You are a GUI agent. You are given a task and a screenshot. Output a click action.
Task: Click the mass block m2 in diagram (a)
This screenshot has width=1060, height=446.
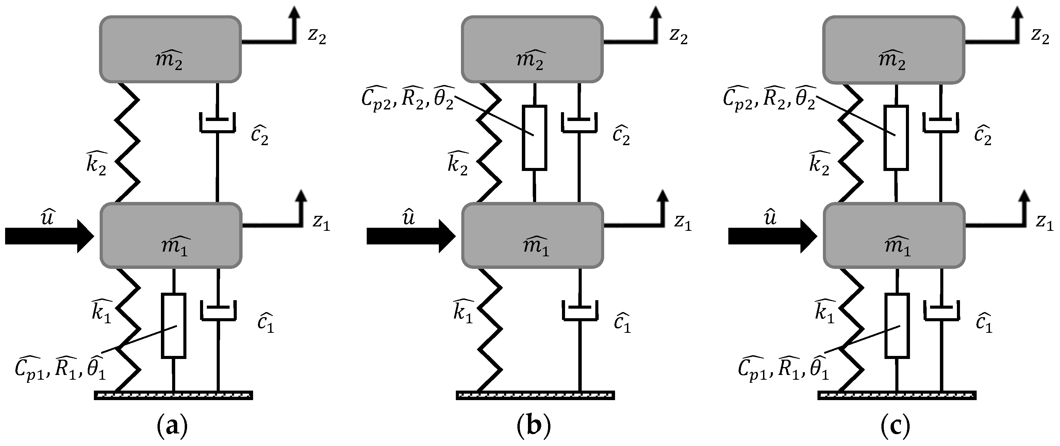pyautogui.click(x=170, y=49)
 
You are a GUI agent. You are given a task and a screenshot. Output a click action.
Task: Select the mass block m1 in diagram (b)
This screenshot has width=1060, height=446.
pyautogui.click(x=532, y=236)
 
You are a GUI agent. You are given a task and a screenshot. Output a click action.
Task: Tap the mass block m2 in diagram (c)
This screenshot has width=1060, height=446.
pyautogui.click(x=893, y=49)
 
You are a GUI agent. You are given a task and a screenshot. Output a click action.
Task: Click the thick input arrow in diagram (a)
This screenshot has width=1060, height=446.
pyautogui.click(x=49, y=236)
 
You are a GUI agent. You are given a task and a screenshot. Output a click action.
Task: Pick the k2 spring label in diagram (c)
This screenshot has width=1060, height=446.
pyautogui.click(x=819, y=164)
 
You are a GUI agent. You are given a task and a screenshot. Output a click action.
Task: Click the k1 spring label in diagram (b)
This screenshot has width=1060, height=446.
pyautogui.click(x=463, y=312)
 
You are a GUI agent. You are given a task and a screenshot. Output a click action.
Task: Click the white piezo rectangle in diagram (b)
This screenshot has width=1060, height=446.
pyautogui.click(x=534, y=137)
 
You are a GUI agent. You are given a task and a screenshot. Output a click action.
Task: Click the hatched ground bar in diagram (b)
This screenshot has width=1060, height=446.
pyautogui.click(x=535, y=395)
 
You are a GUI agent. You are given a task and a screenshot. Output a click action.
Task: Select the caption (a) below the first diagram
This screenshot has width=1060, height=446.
pyautogui.click(x=172, y=428)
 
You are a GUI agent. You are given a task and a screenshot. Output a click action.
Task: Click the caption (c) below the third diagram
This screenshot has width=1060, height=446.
pyautogui.click(x=895, y=428)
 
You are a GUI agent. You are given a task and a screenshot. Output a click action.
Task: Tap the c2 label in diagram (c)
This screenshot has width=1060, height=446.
pyautogui.click(x=982, y=135)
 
